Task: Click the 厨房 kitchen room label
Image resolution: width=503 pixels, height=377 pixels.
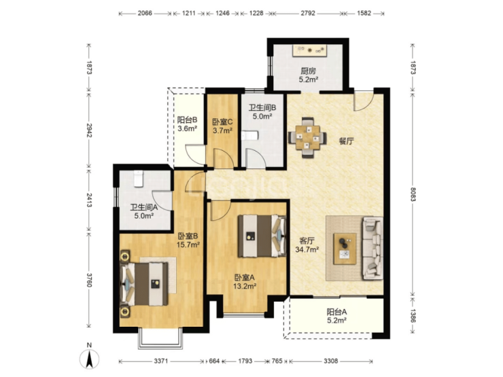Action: (308, 71)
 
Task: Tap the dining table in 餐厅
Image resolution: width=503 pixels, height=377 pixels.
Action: (308, 137)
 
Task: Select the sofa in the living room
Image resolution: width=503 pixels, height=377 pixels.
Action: (372, 248)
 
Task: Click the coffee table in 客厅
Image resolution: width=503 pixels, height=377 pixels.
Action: (345, 249)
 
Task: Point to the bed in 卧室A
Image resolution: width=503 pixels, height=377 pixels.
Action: (262, 236)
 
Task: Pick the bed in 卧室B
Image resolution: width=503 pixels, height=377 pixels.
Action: (144, 284)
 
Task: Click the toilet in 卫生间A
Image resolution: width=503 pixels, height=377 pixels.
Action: (138, 179)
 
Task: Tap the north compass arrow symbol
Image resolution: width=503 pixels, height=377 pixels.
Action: (89, 359)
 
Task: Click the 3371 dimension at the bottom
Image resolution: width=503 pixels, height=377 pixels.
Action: (160, 361)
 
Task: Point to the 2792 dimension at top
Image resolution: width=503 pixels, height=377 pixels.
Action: (308, 14)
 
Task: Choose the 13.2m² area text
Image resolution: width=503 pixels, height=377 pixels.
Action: (245, 286)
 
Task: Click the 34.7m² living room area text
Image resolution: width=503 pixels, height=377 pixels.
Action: (307, 249)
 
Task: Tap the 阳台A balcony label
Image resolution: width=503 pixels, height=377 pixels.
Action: (336, 312)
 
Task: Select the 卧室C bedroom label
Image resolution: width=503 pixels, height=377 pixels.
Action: (222, 122)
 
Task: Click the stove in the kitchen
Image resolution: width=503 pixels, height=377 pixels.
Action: (309, 51)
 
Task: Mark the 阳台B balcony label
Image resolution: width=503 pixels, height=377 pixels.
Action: (188, 120)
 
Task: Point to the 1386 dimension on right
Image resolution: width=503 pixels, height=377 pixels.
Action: (413, 316)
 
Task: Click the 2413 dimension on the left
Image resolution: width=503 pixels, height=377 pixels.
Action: (89, 200)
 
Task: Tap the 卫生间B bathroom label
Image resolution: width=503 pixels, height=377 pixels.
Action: (262, 108)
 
